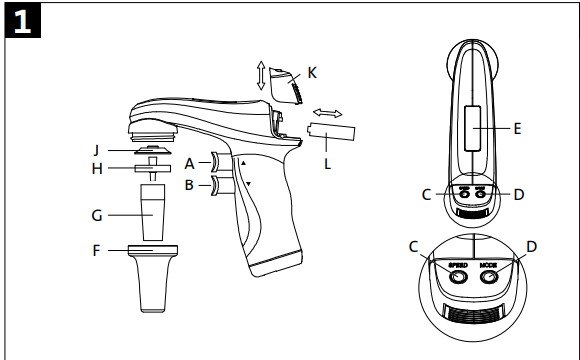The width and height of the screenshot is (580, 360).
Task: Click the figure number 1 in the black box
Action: tap(22, 21)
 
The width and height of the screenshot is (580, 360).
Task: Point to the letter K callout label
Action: tap(312, 73)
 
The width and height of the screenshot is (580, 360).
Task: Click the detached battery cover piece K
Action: tap(285, 85)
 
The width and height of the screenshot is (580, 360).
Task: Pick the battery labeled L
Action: tap(331, 132)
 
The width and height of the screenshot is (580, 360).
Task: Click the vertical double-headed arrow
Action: tap(261, 75)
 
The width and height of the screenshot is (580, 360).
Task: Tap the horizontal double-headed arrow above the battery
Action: tap(328, 113)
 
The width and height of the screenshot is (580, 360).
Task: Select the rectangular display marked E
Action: tap(472, 128)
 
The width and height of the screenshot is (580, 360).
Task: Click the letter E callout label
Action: tap(517, 129)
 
